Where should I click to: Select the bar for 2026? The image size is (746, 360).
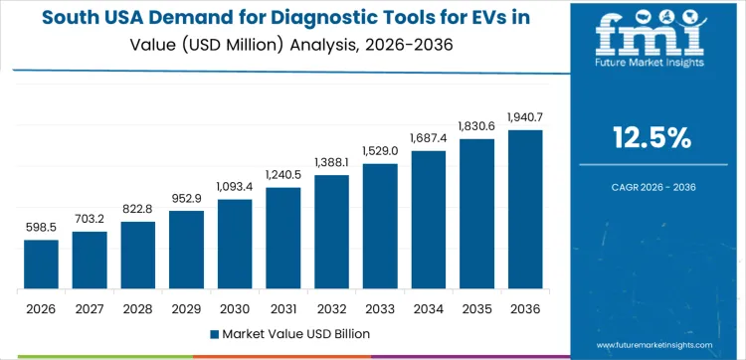coord(41,265)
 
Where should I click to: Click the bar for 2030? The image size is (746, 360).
coord(235,244)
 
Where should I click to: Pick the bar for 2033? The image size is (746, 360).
coord(380,226)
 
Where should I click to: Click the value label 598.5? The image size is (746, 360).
coord(41,228)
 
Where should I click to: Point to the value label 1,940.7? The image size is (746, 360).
coord(525,118)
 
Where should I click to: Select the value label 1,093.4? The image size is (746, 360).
coord(235,187)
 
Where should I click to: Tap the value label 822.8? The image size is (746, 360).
coord(138,209)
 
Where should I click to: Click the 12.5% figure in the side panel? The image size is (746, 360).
coord(652,138)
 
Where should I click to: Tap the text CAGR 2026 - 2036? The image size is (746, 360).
coord(652,185)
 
